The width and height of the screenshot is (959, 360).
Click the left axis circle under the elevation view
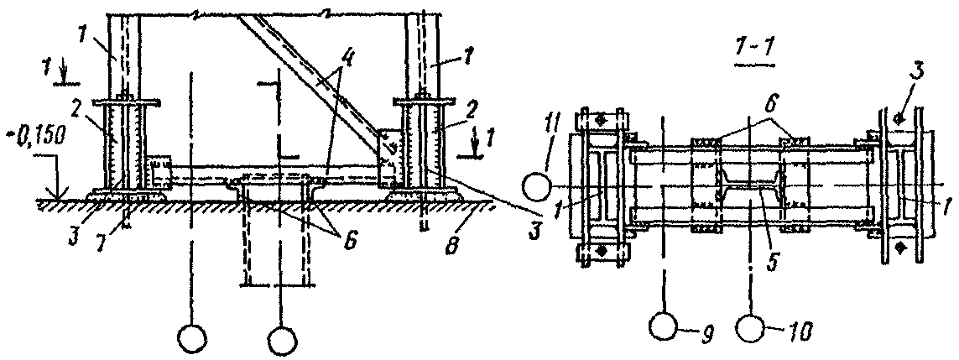coord(191,337)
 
